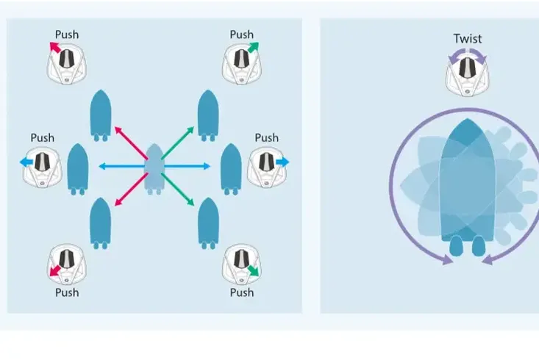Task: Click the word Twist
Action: (x=468, y=38)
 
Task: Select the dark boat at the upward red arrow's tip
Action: (x=100, y=115)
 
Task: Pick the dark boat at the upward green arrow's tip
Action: (x=209, y=115)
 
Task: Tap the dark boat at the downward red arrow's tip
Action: (x=100, y=221)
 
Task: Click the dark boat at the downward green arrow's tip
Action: (x=209, y=221)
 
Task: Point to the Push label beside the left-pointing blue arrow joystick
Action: (x=43, y=137)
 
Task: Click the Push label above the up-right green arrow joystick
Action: (x=241, y=35)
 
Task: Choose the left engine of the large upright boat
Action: (x=457, y=245)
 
